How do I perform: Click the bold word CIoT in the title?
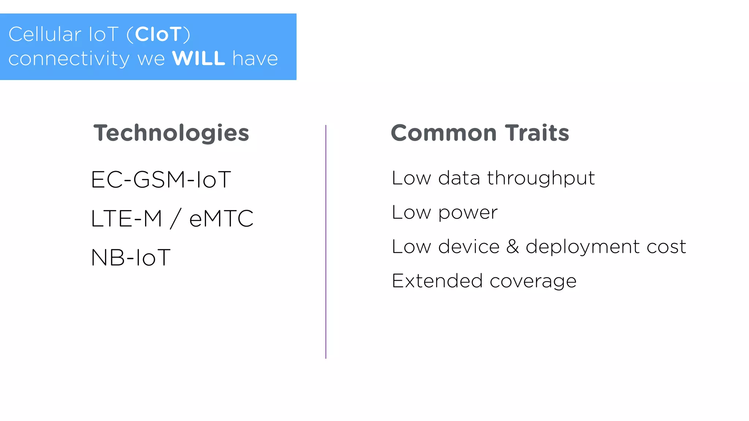pyautogui.click(x=158, y=34)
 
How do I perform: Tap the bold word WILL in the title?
pyautogui.click(x=199, y=58)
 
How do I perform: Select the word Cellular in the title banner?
pyautogui.click(x=45, y=34)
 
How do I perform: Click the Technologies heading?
pyautogui.click(x=171, y=133)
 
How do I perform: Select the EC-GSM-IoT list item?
pyautogui.click(x=161, y=179)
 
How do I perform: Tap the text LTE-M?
pyautogui.click(x=126, y=219)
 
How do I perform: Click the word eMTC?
pyautogui.click(x=221, y=219)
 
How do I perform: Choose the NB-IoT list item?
pyautogui.click(x=131, y=257)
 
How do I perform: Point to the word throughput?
pyautogui.click(x=541, y=179)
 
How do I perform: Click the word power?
pyautogui.click(x=468, y=213)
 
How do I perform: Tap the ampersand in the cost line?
pyautogui.click(x=513, y=246)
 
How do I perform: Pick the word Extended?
pyautogui.click(x=437, y=281)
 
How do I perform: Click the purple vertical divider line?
pyautogui.click(x=325, y=241)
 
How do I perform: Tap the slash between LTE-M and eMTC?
pyautogui.click(x=175, y=219)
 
